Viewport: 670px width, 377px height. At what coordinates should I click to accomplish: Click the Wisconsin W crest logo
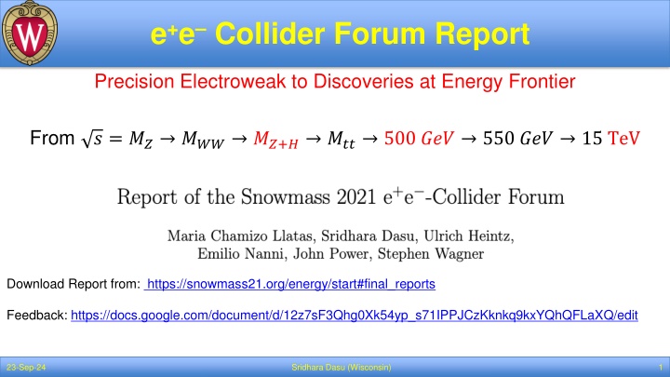pos(30,33)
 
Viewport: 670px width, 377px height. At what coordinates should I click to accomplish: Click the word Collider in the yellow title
pos(270,34)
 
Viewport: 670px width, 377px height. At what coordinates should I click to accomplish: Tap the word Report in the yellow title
pos(482,34)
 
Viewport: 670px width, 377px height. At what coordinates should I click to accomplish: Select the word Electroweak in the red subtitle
pos(233,81)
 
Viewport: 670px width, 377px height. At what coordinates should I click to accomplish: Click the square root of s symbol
pos(92,139)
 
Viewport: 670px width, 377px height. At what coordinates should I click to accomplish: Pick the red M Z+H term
pos(275,140)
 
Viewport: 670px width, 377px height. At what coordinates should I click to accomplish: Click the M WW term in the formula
pos(203,140)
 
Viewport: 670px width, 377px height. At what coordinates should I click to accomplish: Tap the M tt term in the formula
pos(341,140)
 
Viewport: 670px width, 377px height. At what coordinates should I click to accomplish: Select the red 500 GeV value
pos(419,139)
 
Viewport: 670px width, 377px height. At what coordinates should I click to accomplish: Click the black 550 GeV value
pos(517,139)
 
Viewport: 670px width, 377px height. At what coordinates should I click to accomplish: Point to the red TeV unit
pos(623,139)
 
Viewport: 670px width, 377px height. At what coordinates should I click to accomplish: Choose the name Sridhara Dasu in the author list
pos(368,236)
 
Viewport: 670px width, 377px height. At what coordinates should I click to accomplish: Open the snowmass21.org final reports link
pos(289,284)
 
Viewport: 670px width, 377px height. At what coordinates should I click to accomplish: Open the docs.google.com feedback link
pos(355,315)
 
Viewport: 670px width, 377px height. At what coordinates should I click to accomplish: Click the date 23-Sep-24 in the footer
pos(26,368)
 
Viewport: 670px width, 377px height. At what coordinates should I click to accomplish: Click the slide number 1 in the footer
pos(661,368)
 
